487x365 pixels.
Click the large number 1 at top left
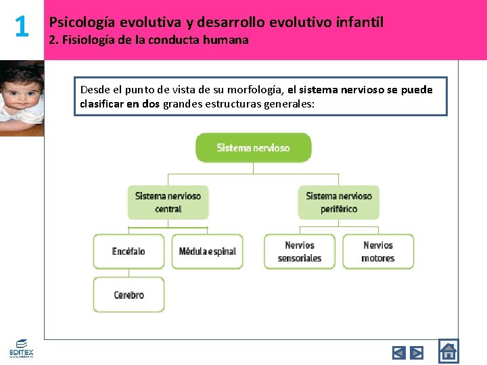click(22, 27)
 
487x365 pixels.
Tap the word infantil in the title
click(357, 22)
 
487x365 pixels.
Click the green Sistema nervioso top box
click(254, 147)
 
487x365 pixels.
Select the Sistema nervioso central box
click(168, 202)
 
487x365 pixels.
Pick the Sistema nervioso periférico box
click(338, 202)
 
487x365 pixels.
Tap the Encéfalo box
click(129, 251)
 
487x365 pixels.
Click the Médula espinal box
click(207, 251)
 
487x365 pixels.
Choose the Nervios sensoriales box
click(300, 251)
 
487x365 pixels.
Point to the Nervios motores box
click(378, 251)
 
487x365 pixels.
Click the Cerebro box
click(129, 295)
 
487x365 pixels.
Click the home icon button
click(448, 351)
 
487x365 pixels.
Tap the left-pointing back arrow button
click(399, 352)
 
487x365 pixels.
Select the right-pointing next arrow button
click(417, 352)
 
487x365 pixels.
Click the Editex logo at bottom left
click(20, 348)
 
